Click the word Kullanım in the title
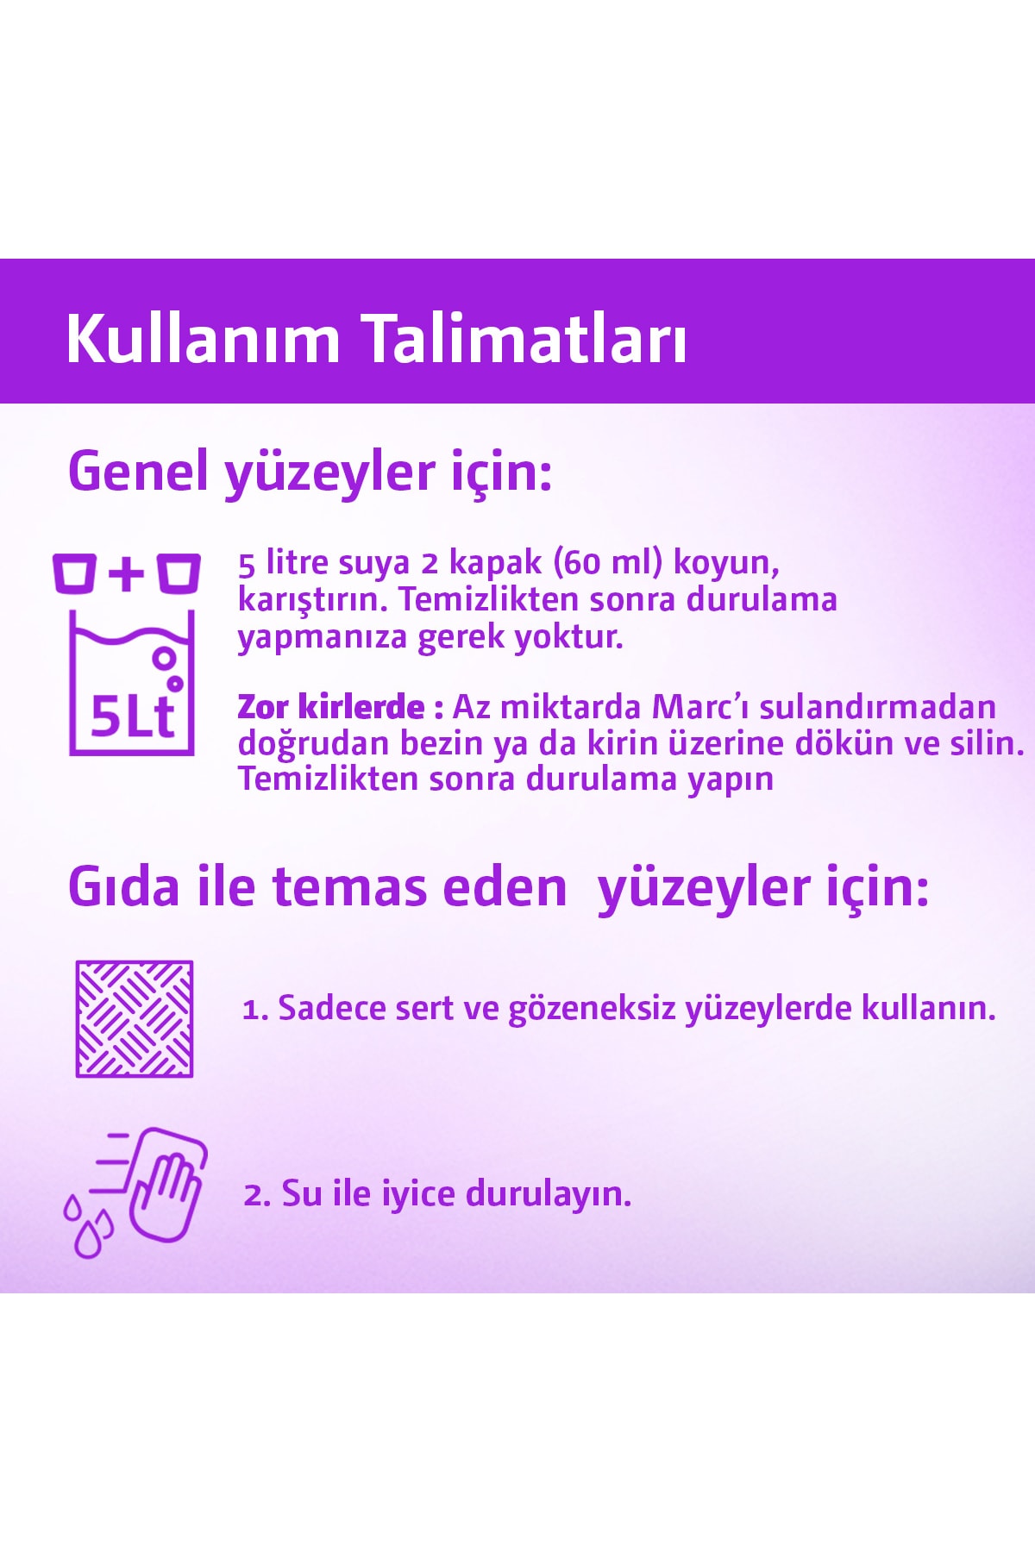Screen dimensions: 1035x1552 pyautogui.click(x=204, y=338)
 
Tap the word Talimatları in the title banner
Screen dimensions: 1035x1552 pyautogui.click(x=524, y=338)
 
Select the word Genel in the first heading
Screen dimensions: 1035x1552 pyautogui.click(x=138, y=472)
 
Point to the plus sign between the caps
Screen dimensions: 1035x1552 pyautogui.click(x=127, y=573)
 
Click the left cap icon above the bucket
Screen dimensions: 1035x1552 pyautogui.click(x=74, y=573)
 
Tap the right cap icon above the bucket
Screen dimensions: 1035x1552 pyautogui.click(x=179, y=573)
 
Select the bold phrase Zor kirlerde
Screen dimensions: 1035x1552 pyautogui.click(x=331, y=707)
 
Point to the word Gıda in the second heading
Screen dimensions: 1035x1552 pyautogui.click(x=125, y=887)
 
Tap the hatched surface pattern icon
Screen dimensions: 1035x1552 pyautogui.click(x=135, y=1019)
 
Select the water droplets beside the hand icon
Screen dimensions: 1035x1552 pyautogui.click(x=88, y=1226)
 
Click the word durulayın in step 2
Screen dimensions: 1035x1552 pyautogui.click(x=549, y=1195)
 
